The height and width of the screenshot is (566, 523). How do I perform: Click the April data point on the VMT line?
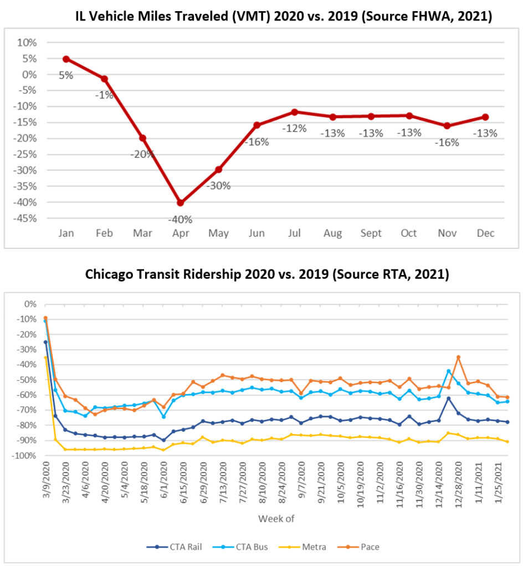pos(181,202)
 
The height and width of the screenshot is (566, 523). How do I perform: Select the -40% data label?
pos(181,219)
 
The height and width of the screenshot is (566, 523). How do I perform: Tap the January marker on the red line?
pos(66,59)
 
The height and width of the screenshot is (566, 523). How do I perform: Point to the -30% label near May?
pos(218,186)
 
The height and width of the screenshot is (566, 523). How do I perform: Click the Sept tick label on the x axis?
pos(371,234)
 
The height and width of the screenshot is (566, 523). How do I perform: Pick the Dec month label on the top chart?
pos(485,234)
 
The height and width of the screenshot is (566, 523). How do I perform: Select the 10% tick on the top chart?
pos(28,43)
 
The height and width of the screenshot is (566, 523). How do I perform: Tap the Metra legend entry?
pos(310,547)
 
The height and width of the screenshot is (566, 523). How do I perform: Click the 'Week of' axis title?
pos(275,518)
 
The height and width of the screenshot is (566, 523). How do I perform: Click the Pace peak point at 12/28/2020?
pos(458,357)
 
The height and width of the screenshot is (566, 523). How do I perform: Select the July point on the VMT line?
pos(294,112)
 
